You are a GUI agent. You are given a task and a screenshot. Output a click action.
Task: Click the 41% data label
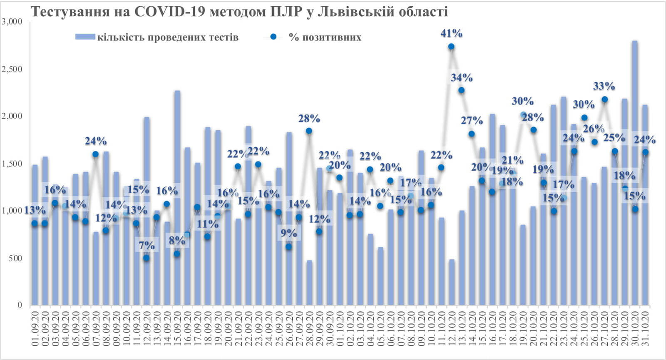(451, 33)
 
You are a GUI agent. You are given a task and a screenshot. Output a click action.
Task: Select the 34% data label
(461, 78)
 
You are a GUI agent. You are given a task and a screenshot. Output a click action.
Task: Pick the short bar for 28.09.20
(309, 283)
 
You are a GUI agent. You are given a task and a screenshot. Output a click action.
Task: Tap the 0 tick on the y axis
(20, 305)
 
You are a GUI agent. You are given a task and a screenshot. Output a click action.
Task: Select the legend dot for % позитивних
(273, 37)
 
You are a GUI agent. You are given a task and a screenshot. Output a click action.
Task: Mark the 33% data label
(604, 87)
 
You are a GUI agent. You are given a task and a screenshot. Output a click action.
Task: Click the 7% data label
(146, 246)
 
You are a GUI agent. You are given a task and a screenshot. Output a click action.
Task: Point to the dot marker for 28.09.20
(309, 131)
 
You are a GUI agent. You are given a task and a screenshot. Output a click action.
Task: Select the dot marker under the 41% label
(451, 47)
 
